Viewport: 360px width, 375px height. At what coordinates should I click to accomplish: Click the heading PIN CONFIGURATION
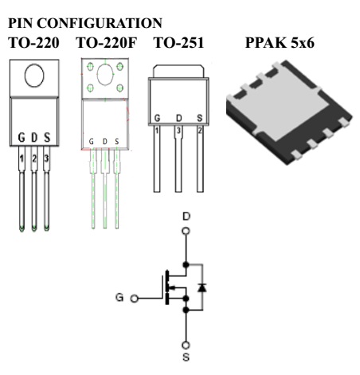pyautogui.click(x=85, y=23)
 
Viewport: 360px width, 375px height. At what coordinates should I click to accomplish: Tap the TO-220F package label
pyautogui.click(x=107, y=43)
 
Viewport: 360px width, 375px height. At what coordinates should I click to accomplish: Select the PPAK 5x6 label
pyautogui.click(x=280, y=42)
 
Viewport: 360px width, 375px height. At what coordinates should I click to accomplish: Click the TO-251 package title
pyautogui.click(x=179, y=43)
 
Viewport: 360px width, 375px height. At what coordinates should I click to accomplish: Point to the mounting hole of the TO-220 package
pyautogui.click(x=34, y=75)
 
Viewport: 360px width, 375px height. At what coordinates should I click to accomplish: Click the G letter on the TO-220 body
pyautogui.click(x=22, y=138)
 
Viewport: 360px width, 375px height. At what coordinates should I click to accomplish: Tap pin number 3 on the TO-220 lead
pyautogui.click(x=46, y=158)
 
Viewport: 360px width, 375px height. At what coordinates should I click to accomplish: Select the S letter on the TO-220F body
pyautogui.click(x=117, y=142)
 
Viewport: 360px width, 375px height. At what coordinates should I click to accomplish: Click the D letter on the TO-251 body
pyautogui.click(x=179, y=118)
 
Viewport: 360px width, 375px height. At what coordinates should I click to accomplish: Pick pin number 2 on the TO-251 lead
pyautogui.click(x=200, y=131)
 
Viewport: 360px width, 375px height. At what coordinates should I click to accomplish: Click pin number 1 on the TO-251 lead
pyautogui.click(x=157, y=131)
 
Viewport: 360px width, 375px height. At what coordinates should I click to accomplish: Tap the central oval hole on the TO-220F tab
pyautogui.click(x=105, y=75)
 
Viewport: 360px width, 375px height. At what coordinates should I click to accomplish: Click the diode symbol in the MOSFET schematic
pyautogui.click(x=202, y=287)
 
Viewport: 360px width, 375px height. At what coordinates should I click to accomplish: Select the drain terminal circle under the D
pyautogui.click(x=186, y=231)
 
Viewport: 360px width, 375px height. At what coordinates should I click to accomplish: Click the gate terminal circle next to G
pyautogui.click(x=135, y=299)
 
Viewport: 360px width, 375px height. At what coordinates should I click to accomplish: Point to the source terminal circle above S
pyautogui.click(x=186, y=346)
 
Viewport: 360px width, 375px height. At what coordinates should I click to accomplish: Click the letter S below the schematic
pyautogui.click(x=186, y=357)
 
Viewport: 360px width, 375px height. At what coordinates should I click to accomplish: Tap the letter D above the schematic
pyautogui.click(x=186, y=217)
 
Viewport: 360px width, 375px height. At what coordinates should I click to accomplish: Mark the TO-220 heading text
pyautogui.click(x=33, y=43)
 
